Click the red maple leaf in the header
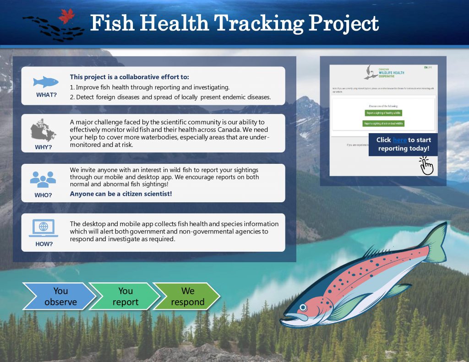click(66, 16)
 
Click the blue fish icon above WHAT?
click(46, 82)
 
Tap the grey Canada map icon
click(44, 131)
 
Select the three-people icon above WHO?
click(43, 179)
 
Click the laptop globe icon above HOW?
click(44, 227)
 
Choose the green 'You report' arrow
click(125, 297)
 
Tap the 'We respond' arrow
click(187, 297)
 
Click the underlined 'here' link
click(399, 140)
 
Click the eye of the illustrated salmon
click(302, 307)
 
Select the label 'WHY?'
click(44, 147)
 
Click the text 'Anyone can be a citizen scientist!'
click(121, 194)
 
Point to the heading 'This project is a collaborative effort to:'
click(129, 77)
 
